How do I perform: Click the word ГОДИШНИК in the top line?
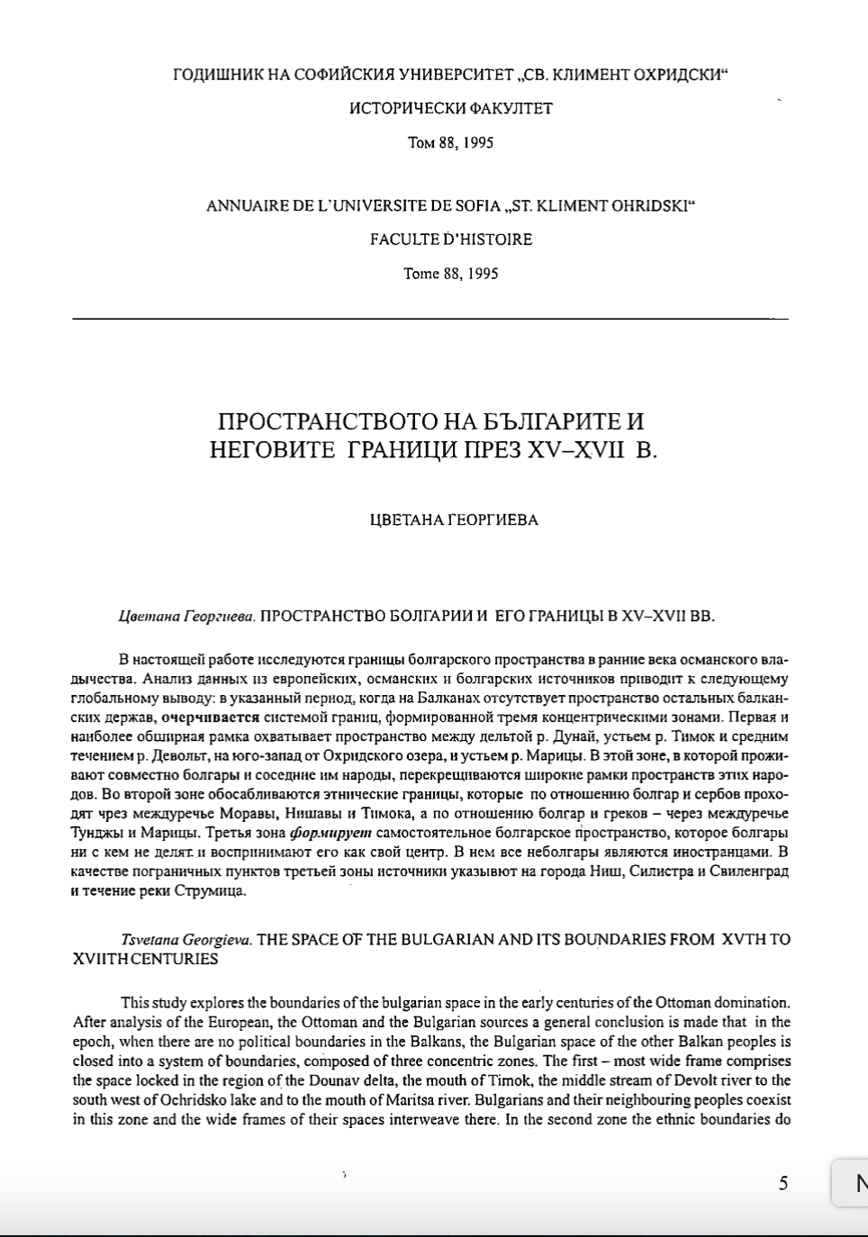click(218, 75)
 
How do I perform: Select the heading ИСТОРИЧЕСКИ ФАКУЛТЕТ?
click(450, 109)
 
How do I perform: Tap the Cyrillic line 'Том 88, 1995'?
click(450, 143)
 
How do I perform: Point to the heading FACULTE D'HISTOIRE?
click(450, 239)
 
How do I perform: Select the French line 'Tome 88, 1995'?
click(450, 274)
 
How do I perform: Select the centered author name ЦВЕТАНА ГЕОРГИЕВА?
click(454, 519)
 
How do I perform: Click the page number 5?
click(782, 1183)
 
